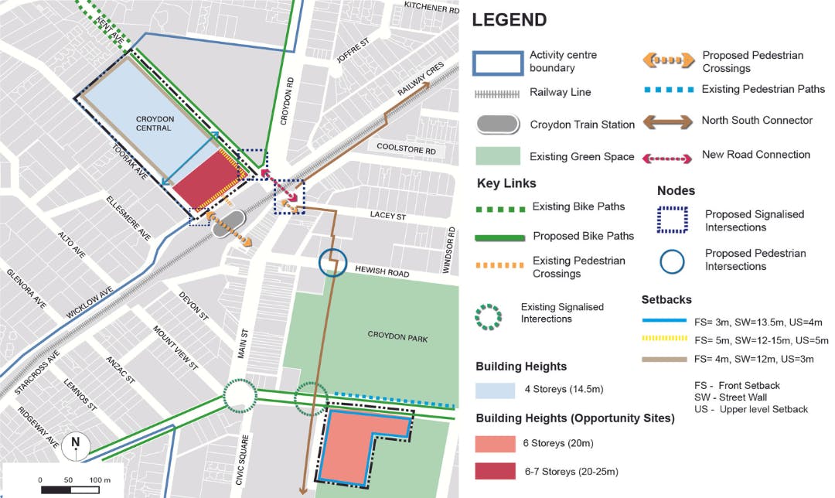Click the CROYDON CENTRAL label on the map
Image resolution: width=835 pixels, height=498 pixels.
pos(154,123)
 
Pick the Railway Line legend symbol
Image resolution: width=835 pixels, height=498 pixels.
pos(496,93)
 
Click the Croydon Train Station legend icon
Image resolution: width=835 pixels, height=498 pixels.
pos(496,124)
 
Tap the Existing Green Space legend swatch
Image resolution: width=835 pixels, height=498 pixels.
pos(496,156)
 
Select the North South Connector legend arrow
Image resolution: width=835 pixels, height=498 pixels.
pos(667,121)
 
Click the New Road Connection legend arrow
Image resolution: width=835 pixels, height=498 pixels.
pos(667,157)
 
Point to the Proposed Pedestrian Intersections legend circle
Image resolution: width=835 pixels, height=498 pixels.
pos(673,260)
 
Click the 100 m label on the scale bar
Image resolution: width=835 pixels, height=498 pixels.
pos(99,480)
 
